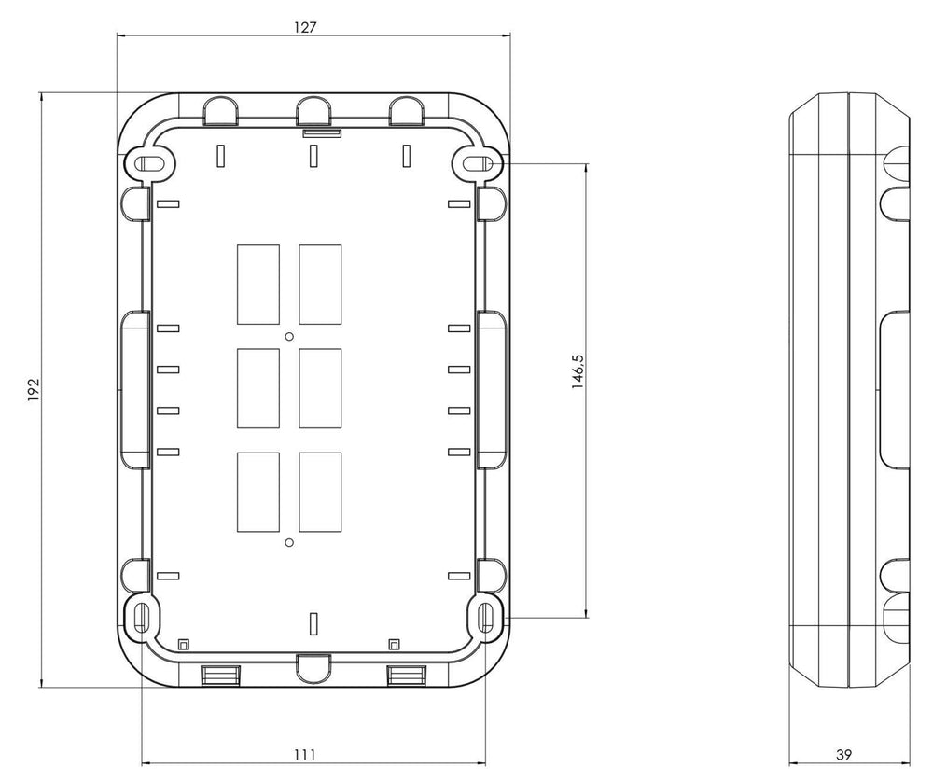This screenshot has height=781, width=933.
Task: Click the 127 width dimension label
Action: coord(305,27)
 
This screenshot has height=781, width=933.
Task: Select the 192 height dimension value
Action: coord(34,389)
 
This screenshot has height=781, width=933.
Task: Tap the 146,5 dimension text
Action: coord(578,372)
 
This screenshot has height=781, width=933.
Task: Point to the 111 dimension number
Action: coord(305,755)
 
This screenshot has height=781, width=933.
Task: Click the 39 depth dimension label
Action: coord(843,755)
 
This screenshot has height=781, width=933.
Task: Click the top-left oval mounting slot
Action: coord(151,163)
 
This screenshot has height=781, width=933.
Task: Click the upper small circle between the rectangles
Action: coord(289,336)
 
